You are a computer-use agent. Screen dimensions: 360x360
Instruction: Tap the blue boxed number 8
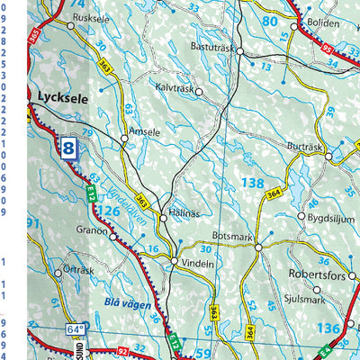[69, 148]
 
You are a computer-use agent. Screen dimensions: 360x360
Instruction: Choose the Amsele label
[144, 131]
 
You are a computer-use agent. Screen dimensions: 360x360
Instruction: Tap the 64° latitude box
[73, 329]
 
